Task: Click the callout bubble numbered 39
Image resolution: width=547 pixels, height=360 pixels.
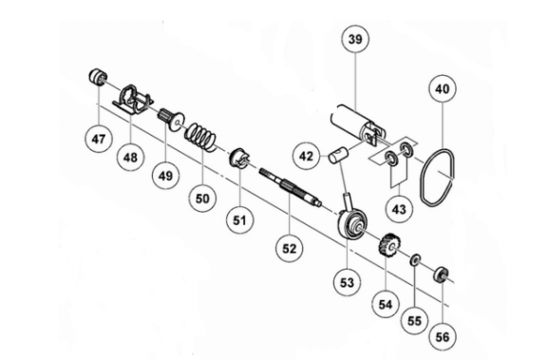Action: [355, 39]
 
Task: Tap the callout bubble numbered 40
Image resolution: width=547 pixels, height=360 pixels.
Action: [443, 89]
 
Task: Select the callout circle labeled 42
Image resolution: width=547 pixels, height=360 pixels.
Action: [307, 157]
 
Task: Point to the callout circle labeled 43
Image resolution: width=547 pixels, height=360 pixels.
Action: [399, 209]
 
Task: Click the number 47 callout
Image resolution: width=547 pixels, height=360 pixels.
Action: [99, 139]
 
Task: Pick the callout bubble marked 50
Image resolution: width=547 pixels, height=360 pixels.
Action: [202, 199]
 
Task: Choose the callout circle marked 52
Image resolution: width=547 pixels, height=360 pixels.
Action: [289, 248]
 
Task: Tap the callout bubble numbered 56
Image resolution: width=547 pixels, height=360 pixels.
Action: [443, 336]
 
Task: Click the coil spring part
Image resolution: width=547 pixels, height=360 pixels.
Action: [201, 137]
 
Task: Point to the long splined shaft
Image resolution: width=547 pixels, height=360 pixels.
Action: [290, 186]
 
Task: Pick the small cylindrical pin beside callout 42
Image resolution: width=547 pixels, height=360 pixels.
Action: [336, 155]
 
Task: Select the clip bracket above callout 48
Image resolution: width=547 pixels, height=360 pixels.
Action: [132, 99]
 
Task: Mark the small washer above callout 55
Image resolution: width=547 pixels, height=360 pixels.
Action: [415, 259]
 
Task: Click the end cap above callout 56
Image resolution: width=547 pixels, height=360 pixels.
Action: [442, 275]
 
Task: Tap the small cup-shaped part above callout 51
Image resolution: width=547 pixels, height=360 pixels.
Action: [239, 158]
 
